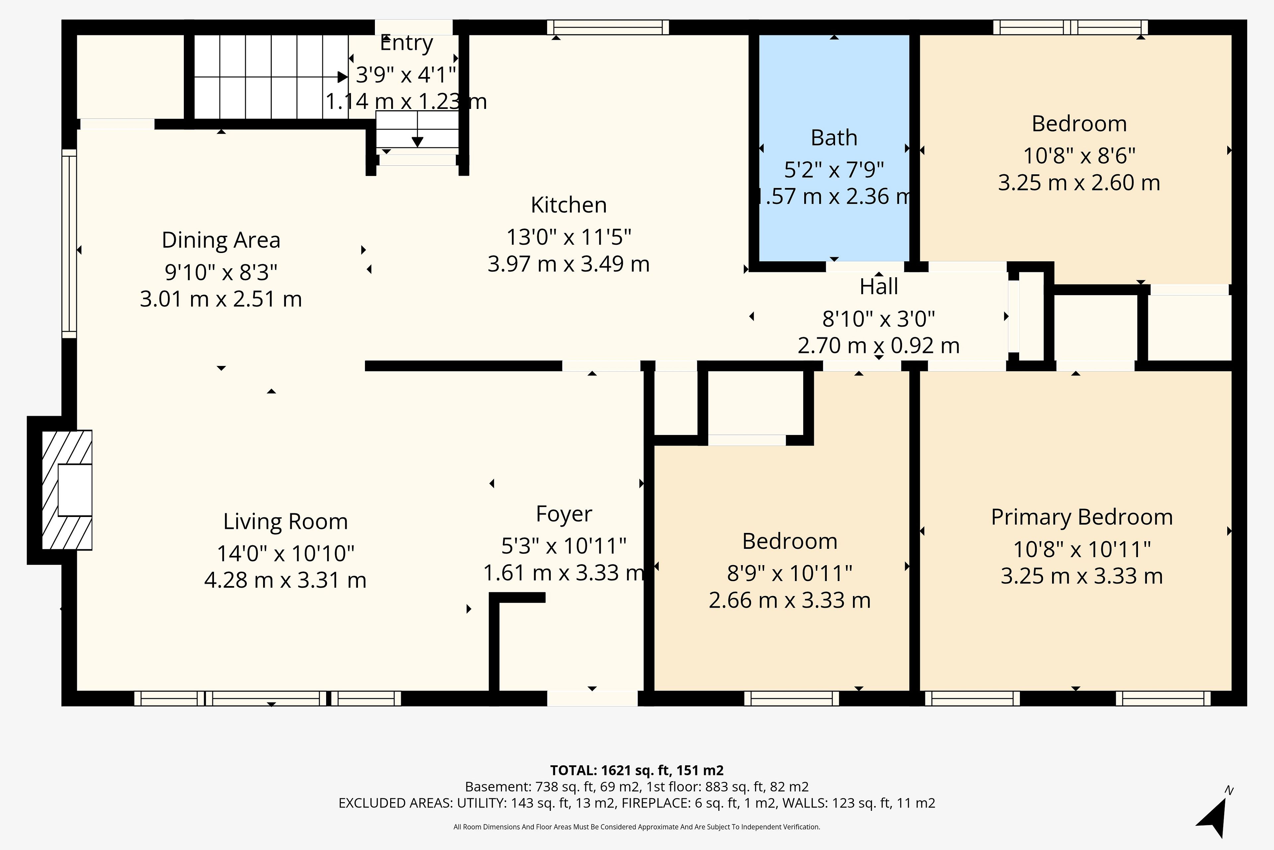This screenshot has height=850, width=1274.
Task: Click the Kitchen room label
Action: (569, 205)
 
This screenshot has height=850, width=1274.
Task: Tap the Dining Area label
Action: (221, 240)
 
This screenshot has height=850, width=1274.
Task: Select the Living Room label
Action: (285, 522)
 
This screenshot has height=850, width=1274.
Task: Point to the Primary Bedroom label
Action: (1082, 517)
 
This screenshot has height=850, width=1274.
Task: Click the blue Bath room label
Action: (834, 138)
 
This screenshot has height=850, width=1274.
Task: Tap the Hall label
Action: (879, 286)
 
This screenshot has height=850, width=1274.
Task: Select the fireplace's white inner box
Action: (75, 489)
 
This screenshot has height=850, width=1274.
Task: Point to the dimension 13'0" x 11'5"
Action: (569, 237)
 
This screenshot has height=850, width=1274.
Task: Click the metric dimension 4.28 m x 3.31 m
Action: (285, 580)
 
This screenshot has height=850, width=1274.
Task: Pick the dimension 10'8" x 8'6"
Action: (1079, 156)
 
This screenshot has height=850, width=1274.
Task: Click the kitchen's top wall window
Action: (608, 27)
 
